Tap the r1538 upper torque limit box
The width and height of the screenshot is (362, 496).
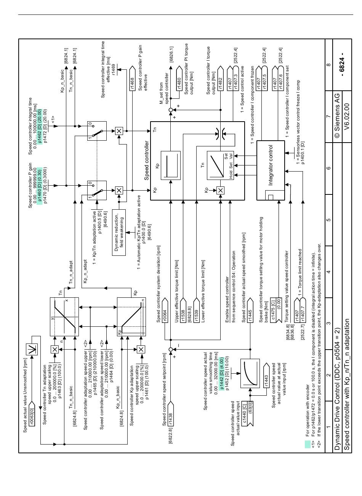point(183,310)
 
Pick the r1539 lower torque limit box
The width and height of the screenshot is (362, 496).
point(197,310)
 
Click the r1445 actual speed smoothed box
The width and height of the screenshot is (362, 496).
point(250,310)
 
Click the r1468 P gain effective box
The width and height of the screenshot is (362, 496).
point(132,78)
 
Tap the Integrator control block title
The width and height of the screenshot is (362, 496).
point(271,165)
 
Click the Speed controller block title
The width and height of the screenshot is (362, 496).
point(146,161)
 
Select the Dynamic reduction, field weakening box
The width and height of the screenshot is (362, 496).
point(119,233)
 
